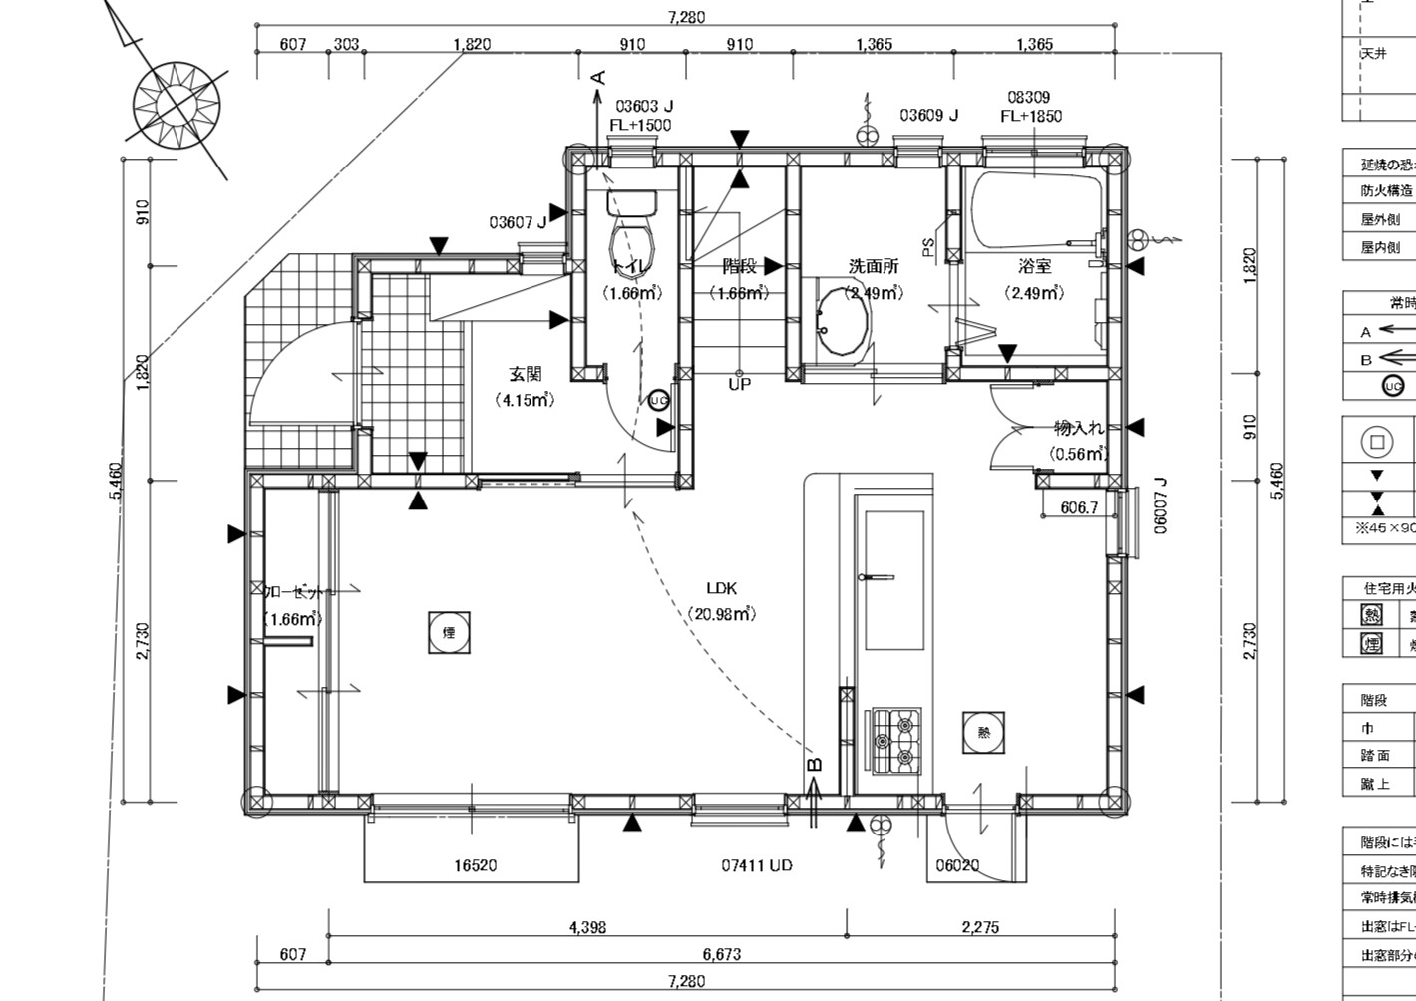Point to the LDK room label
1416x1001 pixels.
point(721,588)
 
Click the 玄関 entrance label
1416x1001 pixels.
point(525,375)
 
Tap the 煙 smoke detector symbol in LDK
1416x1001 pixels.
point(449,632)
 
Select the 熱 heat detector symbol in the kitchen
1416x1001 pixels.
point(983,732)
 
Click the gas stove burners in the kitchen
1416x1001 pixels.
point(896,740)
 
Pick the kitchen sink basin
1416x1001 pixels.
point(892,579)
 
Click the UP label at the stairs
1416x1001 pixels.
point(739,384)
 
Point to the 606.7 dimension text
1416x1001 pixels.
point(1078,507)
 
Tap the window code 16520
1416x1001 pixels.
point(475,865)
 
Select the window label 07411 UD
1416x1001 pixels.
point(757,865)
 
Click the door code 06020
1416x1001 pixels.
point(956,865)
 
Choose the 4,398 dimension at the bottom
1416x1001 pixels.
point(587,927)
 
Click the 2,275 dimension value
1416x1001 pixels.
point(980,927)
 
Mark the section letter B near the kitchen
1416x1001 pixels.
point(814,765)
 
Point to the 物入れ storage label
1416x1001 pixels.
point(1080,429)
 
